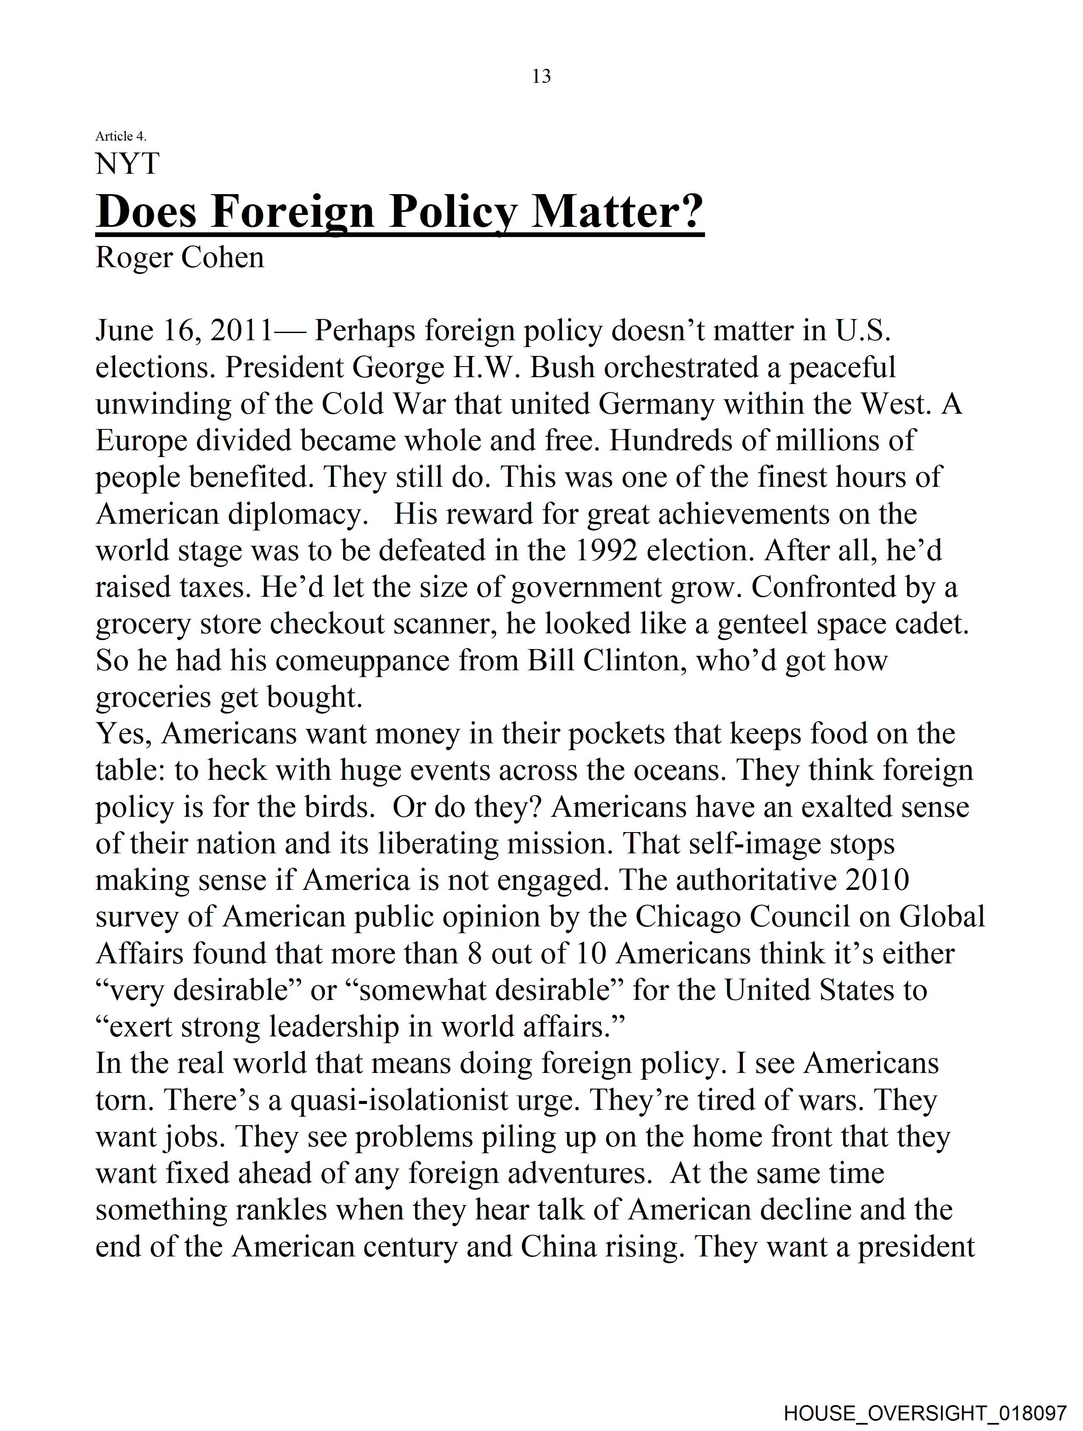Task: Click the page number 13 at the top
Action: [541, 76]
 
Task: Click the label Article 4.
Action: [121, 136]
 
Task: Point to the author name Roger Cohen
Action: [180, 257]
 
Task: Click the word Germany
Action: [657, 404]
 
